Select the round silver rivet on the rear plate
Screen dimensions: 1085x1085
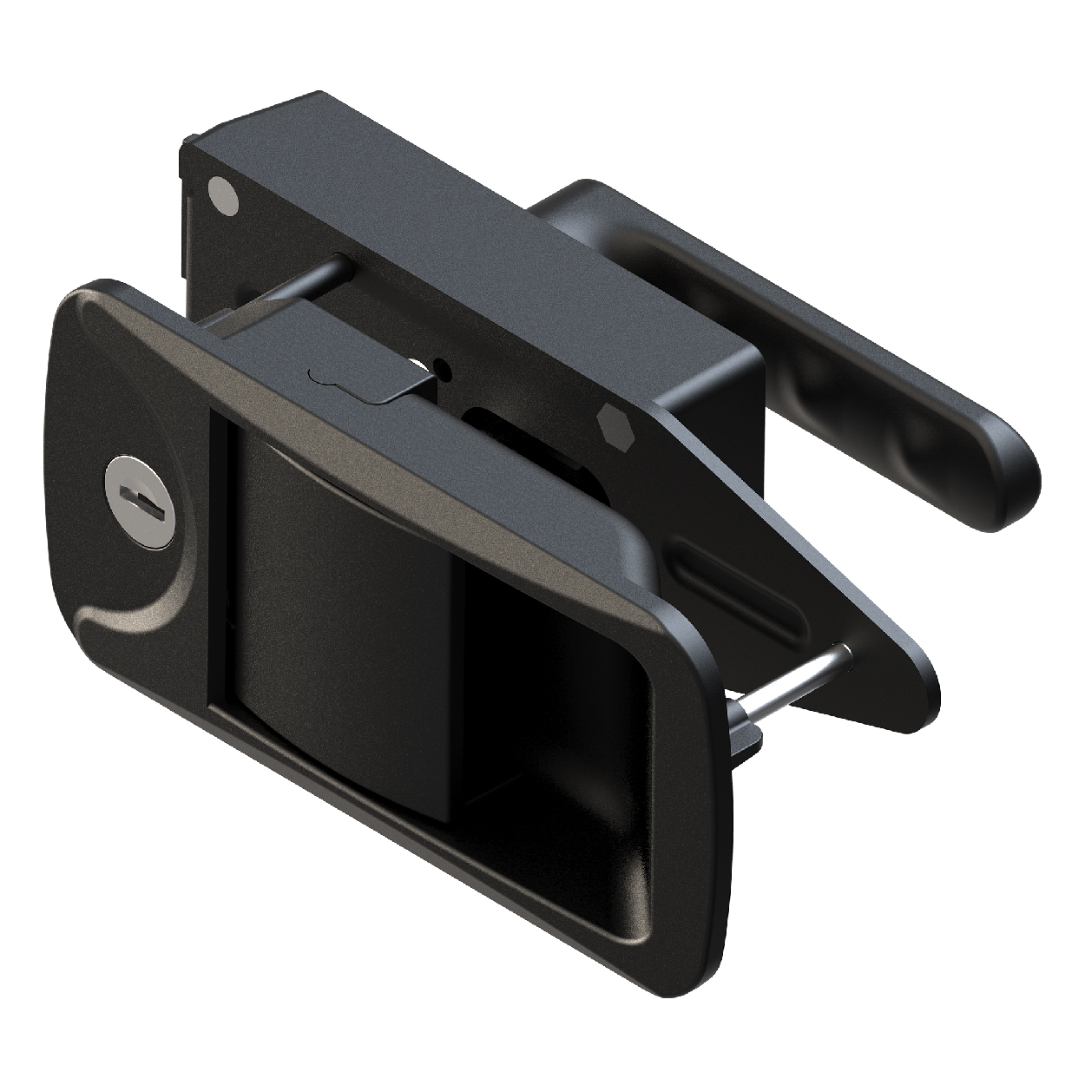click(x=222, y=197)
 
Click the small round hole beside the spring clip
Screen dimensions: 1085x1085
click(x=445, y=369)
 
